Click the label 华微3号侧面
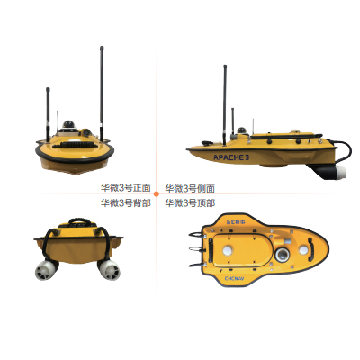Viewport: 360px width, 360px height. [190, 189]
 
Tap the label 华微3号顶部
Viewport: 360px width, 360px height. [190, 202]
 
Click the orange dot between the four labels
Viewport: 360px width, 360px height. [157, 193]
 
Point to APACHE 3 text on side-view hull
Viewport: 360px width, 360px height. [229, 156]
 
